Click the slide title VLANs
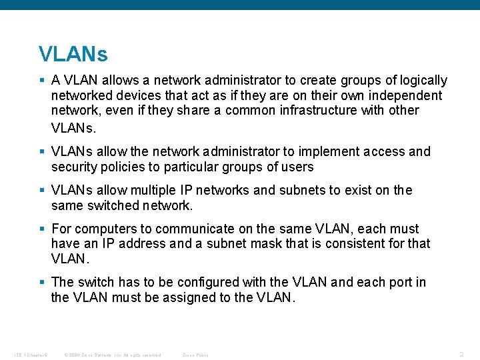[73, 53]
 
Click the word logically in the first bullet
[423, 81]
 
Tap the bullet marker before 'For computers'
[43, 228]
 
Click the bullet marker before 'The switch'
[43, 282]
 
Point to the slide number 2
[462, 354]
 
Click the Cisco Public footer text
[195, 355]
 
